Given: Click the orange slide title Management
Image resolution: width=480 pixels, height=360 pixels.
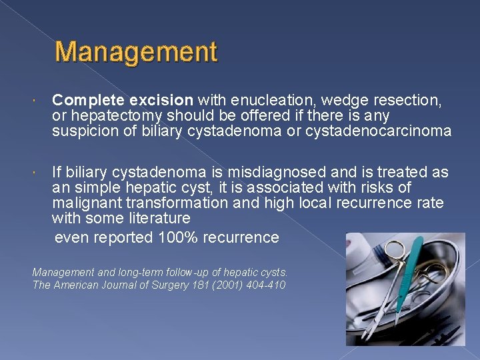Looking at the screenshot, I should pyautogui.click(x=137, y=52).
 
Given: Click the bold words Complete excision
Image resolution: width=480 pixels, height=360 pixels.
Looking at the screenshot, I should pyautogui.click(x=123, y=101).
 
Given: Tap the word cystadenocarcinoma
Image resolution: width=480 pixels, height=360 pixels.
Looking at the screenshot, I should pyautogui.click(x=378, y=131).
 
